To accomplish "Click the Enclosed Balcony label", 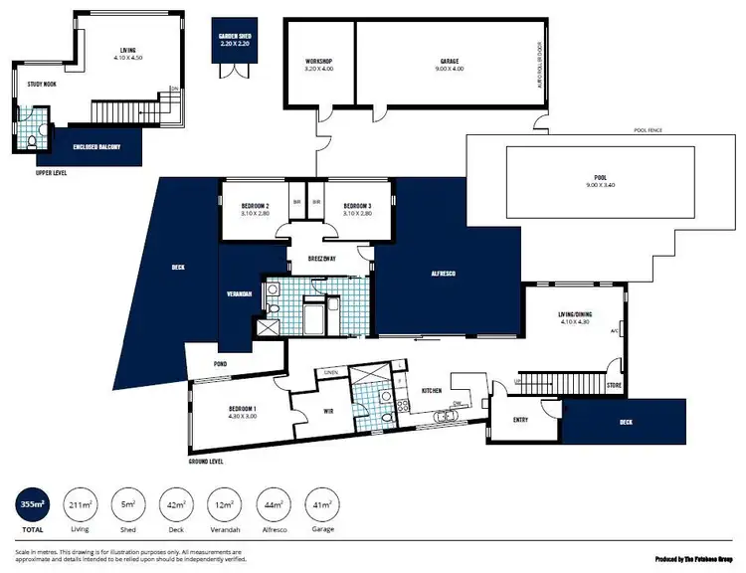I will [98, 147].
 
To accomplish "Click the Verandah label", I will [239, 294].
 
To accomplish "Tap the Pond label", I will [221, 364].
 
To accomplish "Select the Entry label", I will [520, 419].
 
